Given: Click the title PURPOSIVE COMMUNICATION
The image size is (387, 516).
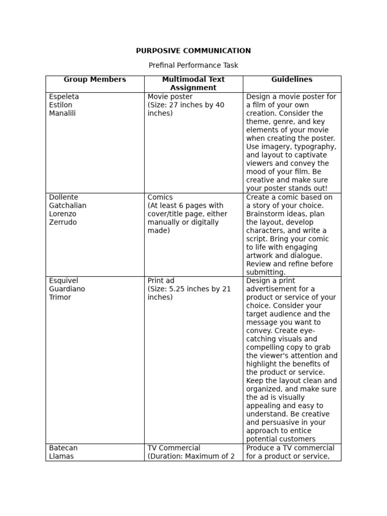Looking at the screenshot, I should [x=193, y=51].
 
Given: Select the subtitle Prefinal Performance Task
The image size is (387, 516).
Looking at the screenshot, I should [x=193, y=66].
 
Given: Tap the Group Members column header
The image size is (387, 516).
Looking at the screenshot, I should [x=95, y=80].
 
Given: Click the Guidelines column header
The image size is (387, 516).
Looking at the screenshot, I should [x=292, y=80].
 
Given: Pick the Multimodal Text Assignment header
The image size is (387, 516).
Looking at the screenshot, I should [x=193, y=84].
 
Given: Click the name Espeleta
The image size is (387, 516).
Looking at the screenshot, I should [x=64, y=97].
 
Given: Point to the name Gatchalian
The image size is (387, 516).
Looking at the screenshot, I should [x=68, y=206].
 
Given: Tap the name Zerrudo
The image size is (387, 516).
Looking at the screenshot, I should [x=63, y=222].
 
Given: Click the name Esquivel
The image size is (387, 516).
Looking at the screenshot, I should [x=63, y=281].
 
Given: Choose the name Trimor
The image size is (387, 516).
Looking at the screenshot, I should [x=60, y=297].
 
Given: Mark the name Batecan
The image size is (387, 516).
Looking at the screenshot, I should [x=63, y=448].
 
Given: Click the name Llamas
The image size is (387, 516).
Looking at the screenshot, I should [x=61, y=457].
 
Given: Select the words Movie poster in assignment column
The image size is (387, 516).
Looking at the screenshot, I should [x=170, y=97].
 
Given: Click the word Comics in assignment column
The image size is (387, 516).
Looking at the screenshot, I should [x=160, y=198].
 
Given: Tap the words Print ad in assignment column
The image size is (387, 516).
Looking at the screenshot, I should [x=161, y=281].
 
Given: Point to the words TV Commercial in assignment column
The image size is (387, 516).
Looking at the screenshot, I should [x=173, y=448].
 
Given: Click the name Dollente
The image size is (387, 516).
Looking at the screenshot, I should [x=63, y=198].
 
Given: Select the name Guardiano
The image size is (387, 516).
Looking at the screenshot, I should [x=67, y=289].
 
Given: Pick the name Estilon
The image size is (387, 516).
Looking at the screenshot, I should [x=60, y=105].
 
